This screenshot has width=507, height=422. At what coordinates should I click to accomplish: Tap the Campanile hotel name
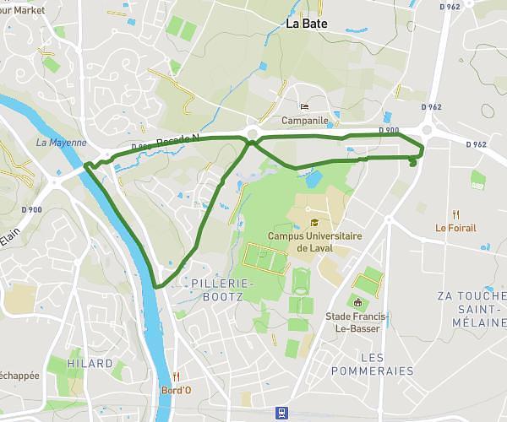click(x=304, y=121)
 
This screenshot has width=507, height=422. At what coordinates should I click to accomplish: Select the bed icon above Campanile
click(x=304, y=107)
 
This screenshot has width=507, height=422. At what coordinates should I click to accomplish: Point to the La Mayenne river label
click(x=62, y=143)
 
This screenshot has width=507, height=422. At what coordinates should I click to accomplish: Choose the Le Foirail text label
click(x=455, y=227)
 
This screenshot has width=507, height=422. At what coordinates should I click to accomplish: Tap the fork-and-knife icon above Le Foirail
click(x=455, y=214)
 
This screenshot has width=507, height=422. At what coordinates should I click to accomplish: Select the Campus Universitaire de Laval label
click(x=314, y=242)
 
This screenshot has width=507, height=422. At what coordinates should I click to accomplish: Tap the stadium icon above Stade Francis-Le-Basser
click(x=357, y=302)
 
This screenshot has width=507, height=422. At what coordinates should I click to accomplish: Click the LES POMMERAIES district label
click(x=373, y=364)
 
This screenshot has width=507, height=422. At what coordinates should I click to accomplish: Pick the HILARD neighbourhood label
click(x=90, y=363)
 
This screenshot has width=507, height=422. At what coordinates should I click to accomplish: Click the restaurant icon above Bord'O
click(x=176, y=376)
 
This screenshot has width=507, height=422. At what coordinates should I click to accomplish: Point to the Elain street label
click(x=9, y=241)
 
